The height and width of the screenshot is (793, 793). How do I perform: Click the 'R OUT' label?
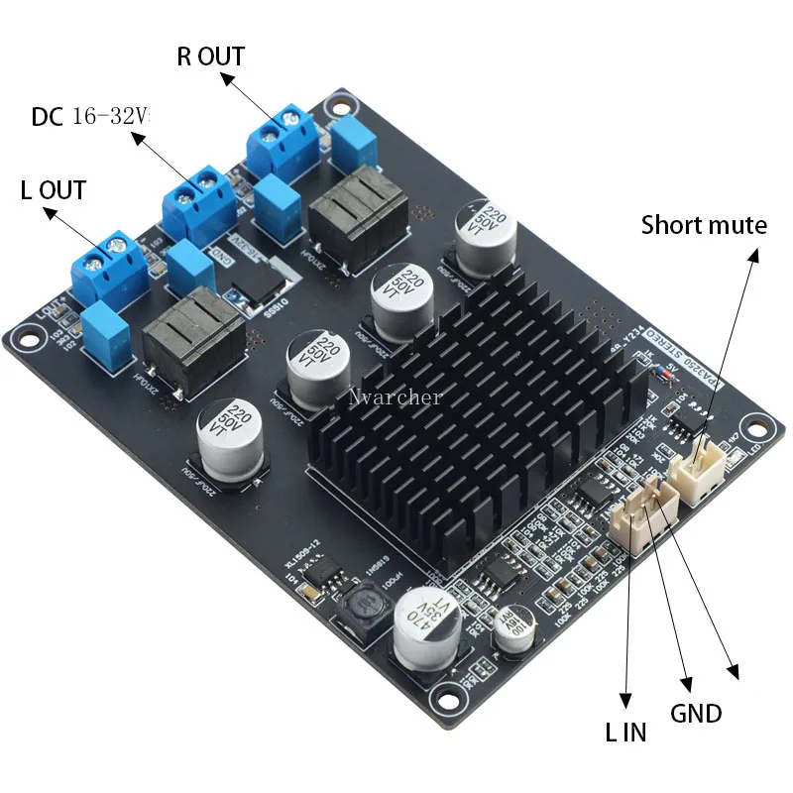(x=210, y=57)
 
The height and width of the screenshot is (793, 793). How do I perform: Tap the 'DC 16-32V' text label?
(x=90, y=117)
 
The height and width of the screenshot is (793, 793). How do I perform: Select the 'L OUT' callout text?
(x=54, y=189)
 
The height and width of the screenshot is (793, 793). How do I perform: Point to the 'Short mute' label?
(x=704, y=225)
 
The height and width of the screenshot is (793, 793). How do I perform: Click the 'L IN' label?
(x=625, y=733)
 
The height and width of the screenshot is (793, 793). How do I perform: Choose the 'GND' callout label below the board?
(x=696, y=713)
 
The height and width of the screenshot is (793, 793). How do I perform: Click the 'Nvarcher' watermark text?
(x=395, y=397)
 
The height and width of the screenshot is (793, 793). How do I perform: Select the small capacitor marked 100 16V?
(x=517, y=631)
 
